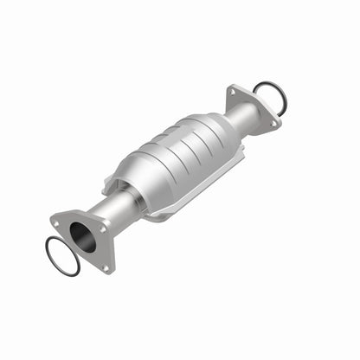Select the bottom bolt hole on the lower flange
(106, 267)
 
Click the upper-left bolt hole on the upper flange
(232, 90)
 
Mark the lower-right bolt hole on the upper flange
(274, 124)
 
